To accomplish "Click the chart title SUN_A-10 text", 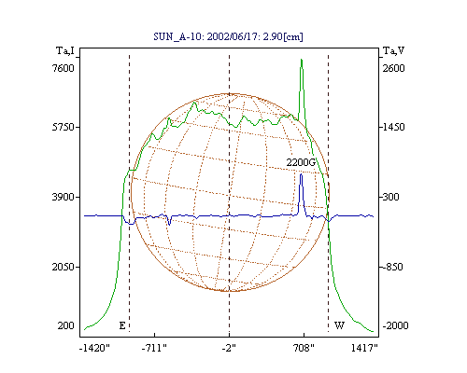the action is click(x=228, y=36).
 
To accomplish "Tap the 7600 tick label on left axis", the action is click(x=64, y=68).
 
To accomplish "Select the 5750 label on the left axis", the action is click(x=64, y=127).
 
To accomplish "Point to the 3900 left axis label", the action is click(x=64, y=197).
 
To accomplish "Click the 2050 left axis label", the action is click(x=64, y=267).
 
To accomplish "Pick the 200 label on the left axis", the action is click(x=66, y=325).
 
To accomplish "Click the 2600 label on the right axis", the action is click(x=394, y=68).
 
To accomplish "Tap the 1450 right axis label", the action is click(x=394, y=127).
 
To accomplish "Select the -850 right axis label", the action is click(x=392, y=267).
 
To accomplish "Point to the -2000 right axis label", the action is click(x=395, y=325).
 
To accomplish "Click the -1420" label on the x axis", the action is click(x=94, y=348).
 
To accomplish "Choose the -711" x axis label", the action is click(x=154, y=348).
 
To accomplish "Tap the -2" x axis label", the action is click(x=229, y=348).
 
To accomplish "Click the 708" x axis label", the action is click(x=304, y=348).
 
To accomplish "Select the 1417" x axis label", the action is click(x=364, y=348).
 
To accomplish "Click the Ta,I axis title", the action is click(x=65, y=50).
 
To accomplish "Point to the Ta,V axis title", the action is click(x=394, y=50).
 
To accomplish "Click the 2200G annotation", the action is click(x=301, y=162).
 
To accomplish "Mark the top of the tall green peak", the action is click(x=302, y=59).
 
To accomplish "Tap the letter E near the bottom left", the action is click(x=122, y=325).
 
